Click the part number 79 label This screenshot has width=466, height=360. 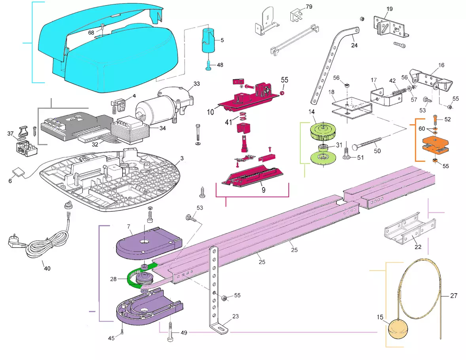tap(309, 8)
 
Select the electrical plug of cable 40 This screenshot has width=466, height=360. tap(15, 241)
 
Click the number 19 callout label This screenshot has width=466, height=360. tap(390, 9)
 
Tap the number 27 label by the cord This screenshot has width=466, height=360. tap(454, 295)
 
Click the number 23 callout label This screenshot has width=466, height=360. tap(236, 316)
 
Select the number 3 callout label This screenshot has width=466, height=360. tap(182, 159)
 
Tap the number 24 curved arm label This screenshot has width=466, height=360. tap(354, 45)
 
